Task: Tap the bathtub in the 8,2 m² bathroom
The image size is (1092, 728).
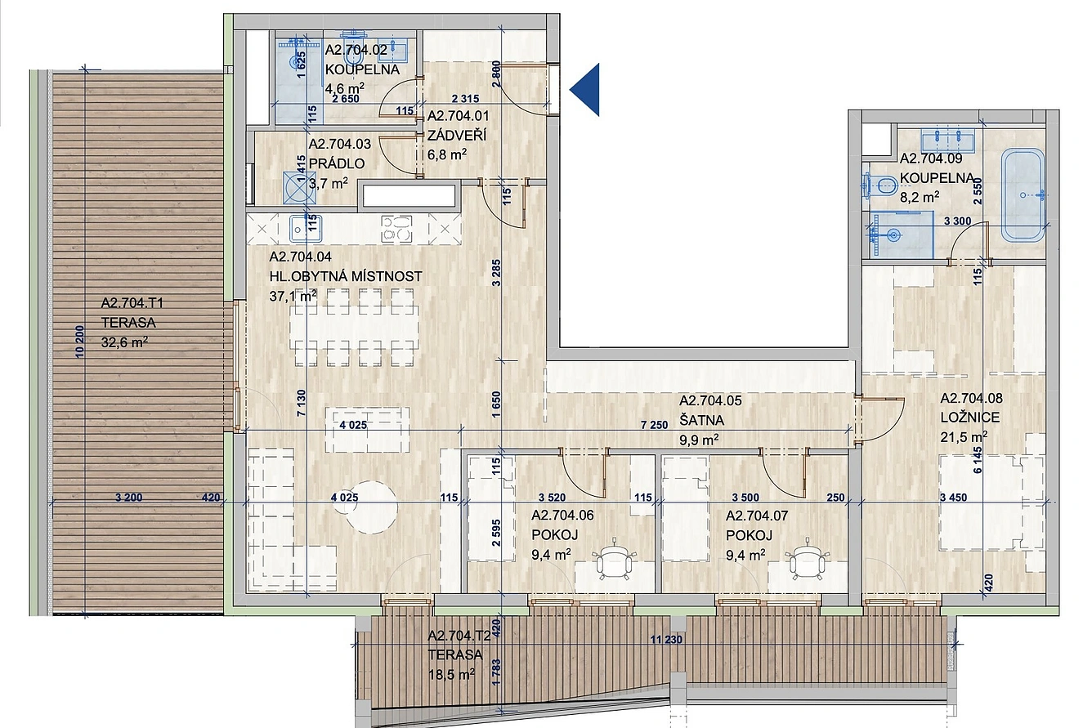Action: click(x=1023, y=195)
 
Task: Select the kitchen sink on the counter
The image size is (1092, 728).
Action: click(x=306, y=229)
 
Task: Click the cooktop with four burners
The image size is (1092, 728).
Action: click(x=396, y=229)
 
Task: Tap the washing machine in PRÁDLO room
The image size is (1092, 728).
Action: click(x=299, y=188)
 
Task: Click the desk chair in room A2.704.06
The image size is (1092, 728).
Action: click(x=615, y=561)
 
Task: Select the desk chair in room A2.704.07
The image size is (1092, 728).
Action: click(x=808, y=561)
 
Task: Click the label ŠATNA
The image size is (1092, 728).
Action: click(x=702, y=420)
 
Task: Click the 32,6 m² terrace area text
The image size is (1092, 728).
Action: click(x=124, y=342)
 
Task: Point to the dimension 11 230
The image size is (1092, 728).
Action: click(x=666, y=639)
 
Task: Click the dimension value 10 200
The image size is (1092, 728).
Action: click(x=80, y=342)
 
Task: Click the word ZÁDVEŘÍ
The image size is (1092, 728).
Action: click(x=457, y=135)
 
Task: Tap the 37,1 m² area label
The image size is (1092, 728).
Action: click(x=293, y=296)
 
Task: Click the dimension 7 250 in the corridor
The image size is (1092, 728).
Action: click(x=654, y=425)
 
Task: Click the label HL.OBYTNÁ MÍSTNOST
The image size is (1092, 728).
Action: click(x=346, y=277)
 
